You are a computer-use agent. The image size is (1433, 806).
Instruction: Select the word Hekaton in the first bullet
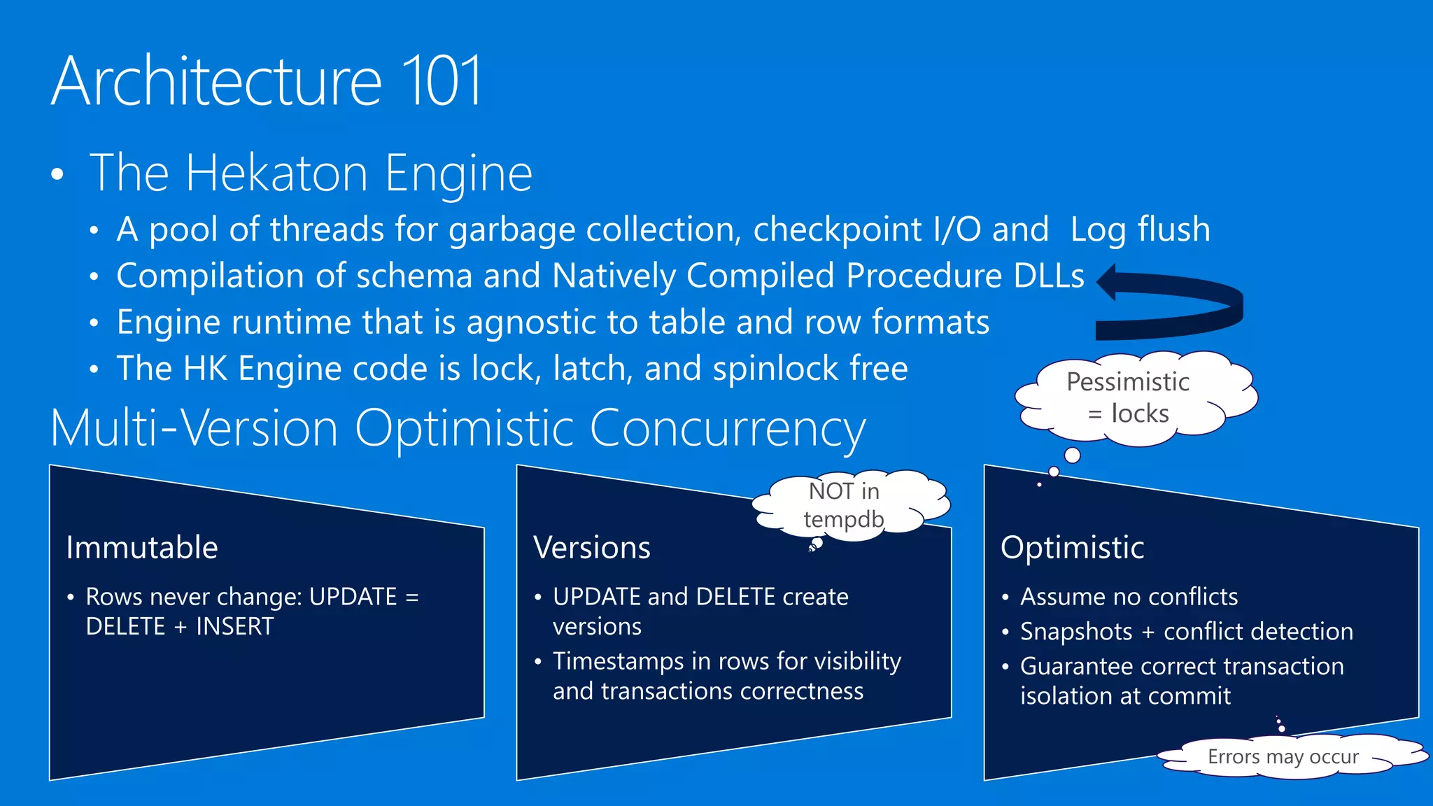276,173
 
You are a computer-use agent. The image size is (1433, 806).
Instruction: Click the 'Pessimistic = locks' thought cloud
1128,397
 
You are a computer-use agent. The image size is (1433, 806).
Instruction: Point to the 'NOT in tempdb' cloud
845,504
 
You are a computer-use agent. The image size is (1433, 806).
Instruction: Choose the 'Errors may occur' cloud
1283,756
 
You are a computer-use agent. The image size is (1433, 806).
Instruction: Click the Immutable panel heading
142,547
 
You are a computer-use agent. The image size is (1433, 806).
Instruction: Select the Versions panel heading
592,547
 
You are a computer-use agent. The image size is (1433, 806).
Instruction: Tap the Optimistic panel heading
1072,547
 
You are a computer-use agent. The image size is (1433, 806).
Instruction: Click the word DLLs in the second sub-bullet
1049,276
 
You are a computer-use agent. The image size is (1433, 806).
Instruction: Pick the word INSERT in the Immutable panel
235,626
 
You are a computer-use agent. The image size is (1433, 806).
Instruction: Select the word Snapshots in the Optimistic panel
1076,632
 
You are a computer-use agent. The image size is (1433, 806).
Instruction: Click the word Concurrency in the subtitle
728,428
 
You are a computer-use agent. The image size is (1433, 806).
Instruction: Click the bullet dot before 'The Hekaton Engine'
57,175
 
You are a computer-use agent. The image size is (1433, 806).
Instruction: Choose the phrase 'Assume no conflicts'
1129,597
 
